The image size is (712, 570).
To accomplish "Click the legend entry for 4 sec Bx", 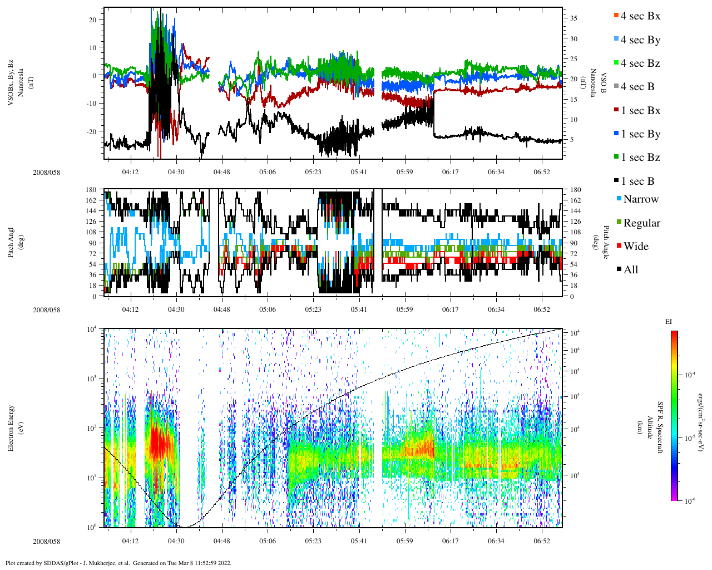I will pos(640,16).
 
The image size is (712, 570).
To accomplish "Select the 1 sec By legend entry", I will pos(640,134).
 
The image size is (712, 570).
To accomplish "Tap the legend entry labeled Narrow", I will pos(640,199).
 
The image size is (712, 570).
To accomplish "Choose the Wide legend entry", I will pos(635,247).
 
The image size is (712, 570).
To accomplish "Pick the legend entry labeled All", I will pos(630,270).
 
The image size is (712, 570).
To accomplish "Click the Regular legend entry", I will pos(641,223).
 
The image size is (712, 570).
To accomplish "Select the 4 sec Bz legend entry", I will pos(640,63).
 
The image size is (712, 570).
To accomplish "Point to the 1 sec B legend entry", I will pos(637,181).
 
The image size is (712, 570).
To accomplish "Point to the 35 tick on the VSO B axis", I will pos(573,18).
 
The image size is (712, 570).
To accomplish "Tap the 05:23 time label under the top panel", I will pos(313,172).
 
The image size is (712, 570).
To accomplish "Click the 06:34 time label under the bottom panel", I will pos(496,541).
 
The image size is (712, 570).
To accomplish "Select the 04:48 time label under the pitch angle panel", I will pos(222,309).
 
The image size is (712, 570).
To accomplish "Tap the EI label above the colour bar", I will pos(669,322).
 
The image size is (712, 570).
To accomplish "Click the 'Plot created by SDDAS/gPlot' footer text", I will pos(118,563).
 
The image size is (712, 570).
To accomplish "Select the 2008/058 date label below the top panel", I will pos(47,172).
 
